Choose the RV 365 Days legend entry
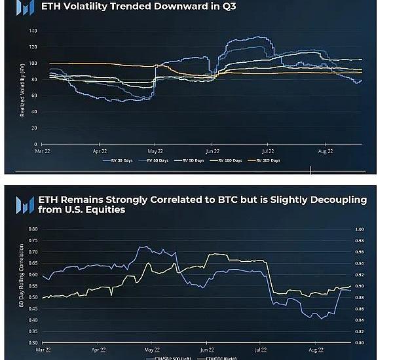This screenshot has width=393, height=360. click(269, 160)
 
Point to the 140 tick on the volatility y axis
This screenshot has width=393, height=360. click(33, 31)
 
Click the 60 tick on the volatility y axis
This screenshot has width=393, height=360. click(34, 96)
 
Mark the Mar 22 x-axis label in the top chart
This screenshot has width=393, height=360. click(42, 151)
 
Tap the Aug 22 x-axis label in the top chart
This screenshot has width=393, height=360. click(326, 151)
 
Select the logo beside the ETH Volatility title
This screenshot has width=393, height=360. click(26, 8)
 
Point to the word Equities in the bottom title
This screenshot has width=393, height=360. click(104, 210)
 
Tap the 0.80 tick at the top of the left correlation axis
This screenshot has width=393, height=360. click(33, 229)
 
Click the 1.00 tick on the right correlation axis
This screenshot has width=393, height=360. click(359, 229)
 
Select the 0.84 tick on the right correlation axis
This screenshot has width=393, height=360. click(359, 320)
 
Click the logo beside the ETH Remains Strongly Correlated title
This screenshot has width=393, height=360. click(26, 204)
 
